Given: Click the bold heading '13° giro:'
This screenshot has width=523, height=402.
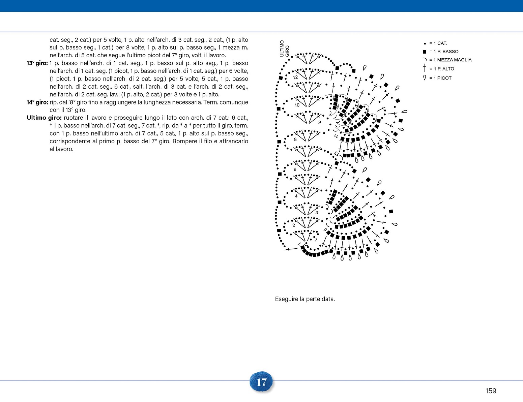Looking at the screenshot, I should (x=37, y=63).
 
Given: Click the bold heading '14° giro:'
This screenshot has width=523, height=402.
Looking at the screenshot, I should (x=37, y=102).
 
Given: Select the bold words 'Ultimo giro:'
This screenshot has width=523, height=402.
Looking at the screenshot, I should (x=44, y=118).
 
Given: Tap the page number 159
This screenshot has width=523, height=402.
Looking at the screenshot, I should (x=491, y=391).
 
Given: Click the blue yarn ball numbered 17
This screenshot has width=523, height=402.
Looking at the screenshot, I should (x=261, y=382).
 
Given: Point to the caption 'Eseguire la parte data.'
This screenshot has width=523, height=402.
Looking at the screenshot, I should (x=305, y=299).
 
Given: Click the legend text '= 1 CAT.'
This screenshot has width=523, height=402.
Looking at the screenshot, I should (x=438, y=43).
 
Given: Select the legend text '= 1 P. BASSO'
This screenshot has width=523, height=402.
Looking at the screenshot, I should (x=444, y=52).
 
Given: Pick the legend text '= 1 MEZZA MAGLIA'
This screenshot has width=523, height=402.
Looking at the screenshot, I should (x=450, y=60).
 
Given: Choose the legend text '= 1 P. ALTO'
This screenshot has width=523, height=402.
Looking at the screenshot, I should (x=442, y=69).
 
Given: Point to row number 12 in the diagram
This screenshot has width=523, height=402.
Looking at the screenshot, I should (x=295, y=78).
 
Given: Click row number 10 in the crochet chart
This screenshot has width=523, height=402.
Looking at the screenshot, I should (x=297, y=105).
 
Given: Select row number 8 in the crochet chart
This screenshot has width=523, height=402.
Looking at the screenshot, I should (x=295, y=140).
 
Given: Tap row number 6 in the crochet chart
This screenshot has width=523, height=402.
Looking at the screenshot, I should (x=295, y=169).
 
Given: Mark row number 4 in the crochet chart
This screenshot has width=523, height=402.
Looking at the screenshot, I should (x=296, y=196).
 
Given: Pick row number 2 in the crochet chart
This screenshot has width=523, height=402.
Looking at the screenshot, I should (x=294, y=225).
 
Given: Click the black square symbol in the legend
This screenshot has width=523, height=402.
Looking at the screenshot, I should (x=425, y=52).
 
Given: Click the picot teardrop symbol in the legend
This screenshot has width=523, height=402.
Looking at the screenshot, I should (x=425, y=78).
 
